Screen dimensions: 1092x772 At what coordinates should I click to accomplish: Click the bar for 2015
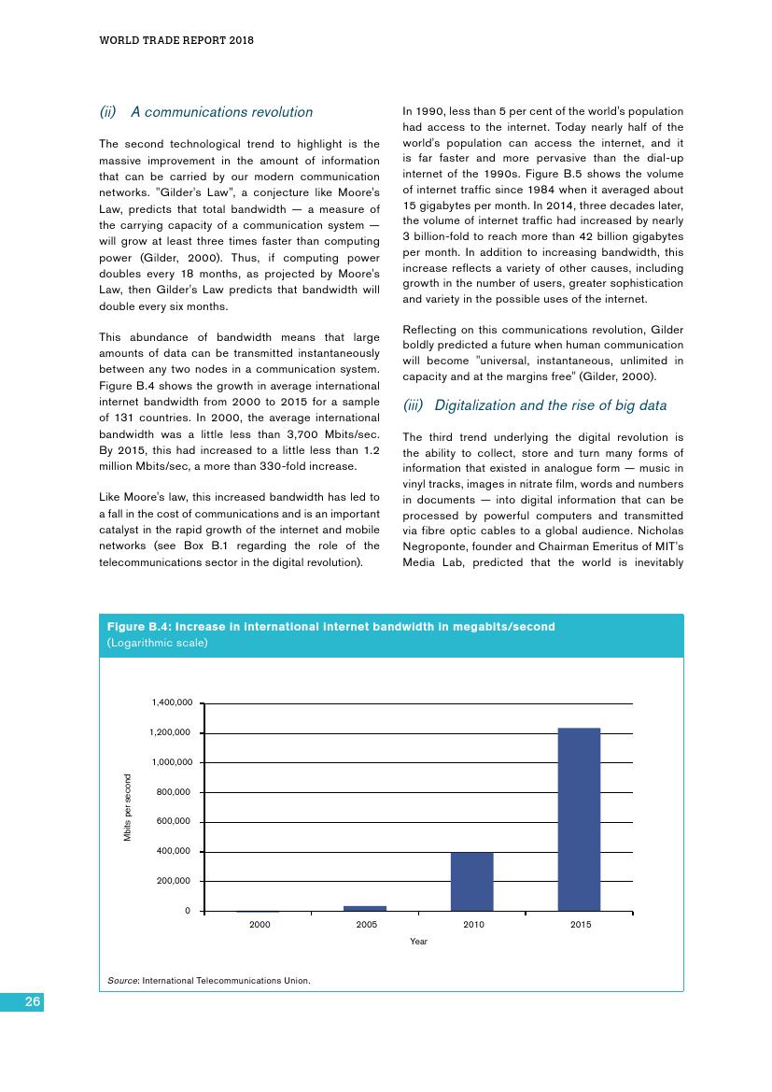[579, 818]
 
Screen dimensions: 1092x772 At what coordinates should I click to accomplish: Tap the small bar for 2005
[365, 908]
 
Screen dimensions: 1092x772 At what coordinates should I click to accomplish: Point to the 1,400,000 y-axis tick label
[172, 702]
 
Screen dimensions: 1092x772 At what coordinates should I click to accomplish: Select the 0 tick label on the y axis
[187, 911]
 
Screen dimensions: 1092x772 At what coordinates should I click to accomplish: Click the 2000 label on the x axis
[259, 924]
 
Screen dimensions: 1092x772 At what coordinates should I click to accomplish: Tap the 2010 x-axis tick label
[472, 924]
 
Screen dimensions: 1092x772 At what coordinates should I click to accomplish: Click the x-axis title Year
[418, 942]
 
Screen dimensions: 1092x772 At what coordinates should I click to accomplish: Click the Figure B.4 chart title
[331, 627]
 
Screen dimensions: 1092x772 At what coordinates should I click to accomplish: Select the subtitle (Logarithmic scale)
[158, 644]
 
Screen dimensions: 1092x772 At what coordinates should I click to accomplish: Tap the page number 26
[33, 1001]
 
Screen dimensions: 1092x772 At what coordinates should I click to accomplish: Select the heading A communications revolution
[221, 112]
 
